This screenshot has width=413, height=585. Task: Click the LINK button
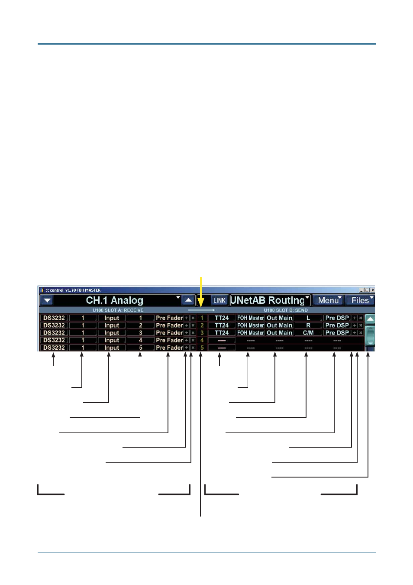219,300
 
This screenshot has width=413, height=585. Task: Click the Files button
360,300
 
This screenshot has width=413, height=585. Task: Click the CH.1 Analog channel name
115,300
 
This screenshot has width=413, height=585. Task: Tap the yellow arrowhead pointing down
201,302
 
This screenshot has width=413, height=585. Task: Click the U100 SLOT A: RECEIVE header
118,310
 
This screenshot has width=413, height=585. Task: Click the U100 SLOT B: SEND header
286,310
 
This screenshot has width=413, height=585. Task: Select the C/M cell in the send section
308,333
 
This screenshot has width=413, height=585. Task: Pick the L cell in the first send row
308,318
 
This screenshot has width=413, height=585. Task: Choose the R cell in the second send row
308,325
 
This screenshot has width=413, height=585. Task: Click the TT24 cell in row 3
222,333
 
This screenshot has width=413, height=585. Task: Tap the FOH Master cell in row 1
251,318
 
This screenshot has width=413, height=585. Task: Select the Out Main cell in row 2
280,325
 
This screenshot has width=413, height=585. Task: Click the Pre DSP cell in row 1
337,318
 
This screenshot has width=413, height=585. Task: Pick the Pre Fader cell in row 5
169,348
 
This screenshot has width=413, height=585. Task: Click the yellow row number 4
202,340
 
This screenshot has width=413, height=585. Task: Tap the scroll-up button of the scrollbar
370,319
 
